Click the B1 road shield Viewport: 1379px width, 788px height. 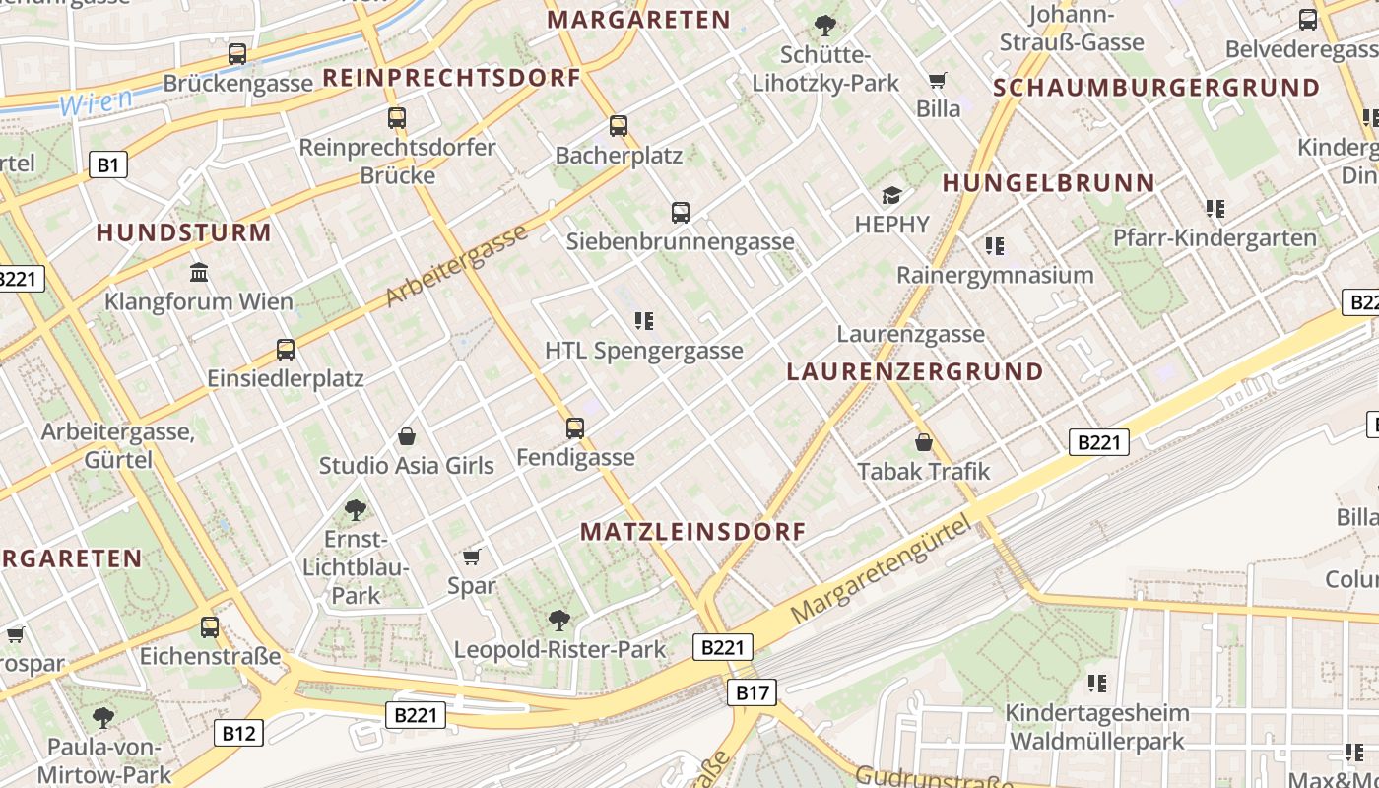coord(108,164)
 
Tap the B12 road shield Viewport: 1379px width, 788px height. coord(238,733)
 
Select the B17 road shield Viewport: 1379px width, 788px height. coord(752,692)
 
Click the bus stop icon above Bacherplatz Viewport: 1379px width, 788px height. coord(618,126)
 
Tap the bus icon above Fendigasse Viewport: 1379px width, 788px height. coord(575,428)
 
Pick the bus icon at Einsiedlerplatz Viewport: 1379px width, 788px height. coord(286,350)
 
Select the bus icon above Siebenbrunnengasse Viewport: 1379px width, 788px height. coord(680,212)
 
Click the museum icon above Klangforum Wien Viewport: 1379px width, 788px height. coord(199,272)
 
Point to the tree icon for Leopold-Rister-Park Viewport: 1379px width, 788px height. coord(559,620)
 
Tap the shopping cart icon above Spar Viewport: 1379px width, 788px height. coord(472,557)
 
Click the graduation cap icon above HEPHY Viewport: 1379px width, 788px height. coord(891,195)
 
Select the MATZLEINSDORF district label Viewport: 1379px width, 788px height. coord(692,532)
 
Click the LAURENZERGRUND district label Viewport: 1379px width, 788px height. coord(915,372)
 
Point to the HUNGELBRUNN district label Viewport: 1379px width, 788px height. coord(1048,183)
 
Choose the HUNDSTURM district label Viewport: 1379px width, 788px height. coord(183,233)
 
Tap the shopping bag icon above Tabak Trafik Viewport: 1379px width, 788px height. coord(924,442)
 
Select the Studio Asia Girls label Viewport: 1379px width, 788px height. coord(406,465)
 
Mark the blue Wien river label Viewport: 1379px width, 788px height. coord(96,101)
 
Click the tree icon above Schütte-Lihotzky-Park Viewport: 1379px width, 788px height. coord(825,26)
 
